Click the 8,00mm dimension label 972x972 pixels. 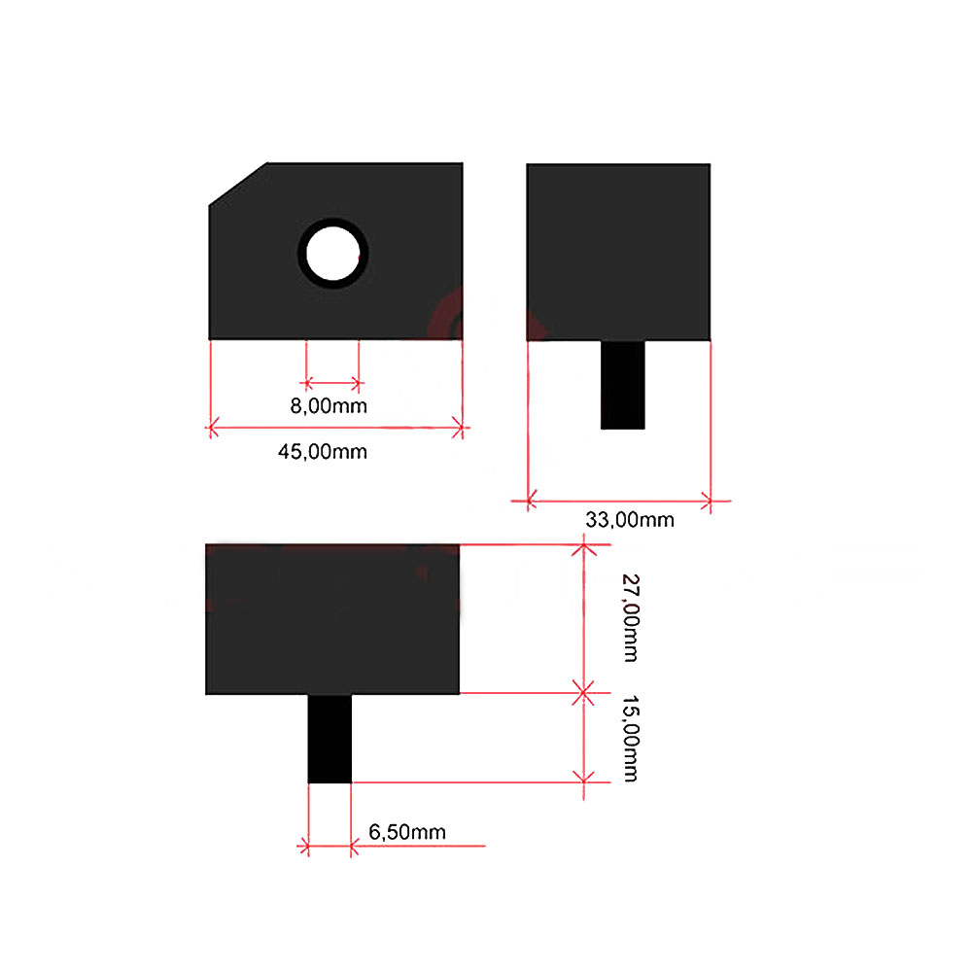point(329,406)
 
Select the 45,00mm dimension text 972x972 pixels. point(323,452)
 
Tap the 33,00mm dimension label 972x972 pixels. point(630,519)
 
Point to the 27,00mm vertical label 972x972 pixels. point(631,618)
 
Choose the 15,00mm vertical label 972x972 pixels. point(631,739)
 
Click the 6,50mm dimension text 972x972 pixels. point(407,832)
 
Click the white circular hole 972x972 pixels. point(332,254)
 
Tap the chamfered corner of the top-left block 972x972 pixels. point(238,184)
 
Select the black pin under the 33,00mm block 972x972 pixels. point(622,385)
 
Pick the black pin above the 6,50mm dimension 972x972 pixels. point(330,739)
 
